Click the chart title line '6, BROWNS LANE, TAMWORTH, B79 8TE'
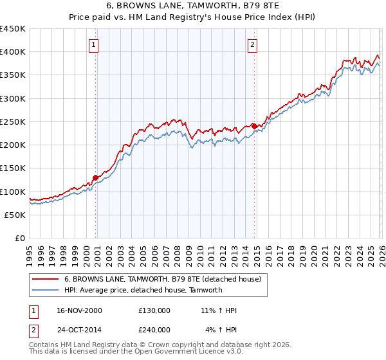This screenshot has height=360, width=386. [x=193, y=6]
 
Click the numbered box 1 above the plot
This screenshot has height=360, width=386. [x=94, y=44]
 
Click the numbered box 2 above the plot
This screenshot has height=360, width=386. [x=252, y=44]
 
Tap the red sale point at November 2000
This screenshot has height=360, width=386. [x=96, y=177]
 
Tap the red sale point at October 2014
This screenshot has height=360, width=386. [x=254, y=126]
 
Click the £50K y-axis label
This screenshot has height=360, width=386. [x=15, y=215]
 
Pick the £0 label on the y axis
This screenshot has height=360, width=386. [x=21, y=238]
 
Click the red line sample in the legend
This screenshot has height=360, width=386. [x=46, y=279]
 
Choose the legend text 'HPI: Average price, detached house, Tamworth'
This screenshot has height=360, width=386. [x=143, y=290]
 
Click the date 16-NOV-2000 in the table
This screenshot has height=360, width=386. [x=80, y=310]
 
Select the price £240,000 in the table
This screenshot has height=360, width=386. [x=154, y=329]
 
